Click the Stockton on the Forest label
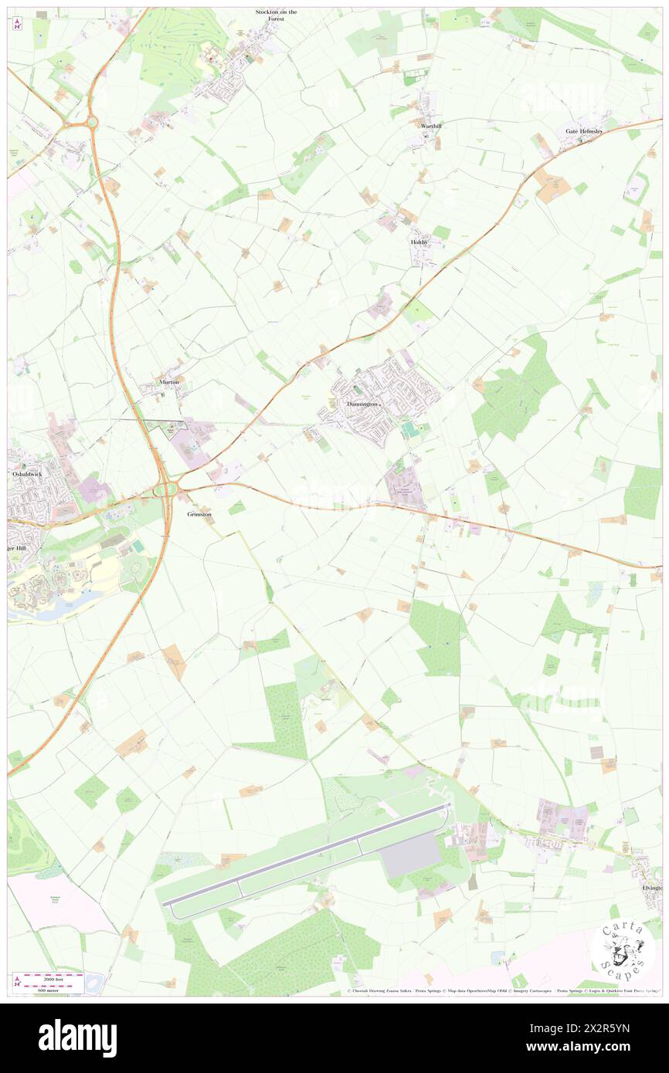[276, 15]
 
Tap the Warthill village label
[431, 126]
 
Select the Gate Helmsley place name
[583, 131]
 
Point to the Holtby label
[418, 242]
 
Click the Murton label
[169, 382]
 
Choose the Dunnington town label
[362, 404]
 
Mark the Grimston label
[199, 513]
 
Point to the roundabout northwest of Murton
[92, 122]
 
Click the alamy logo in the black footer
[77, 1037]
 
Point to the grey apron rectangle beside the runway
[411, 855]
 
